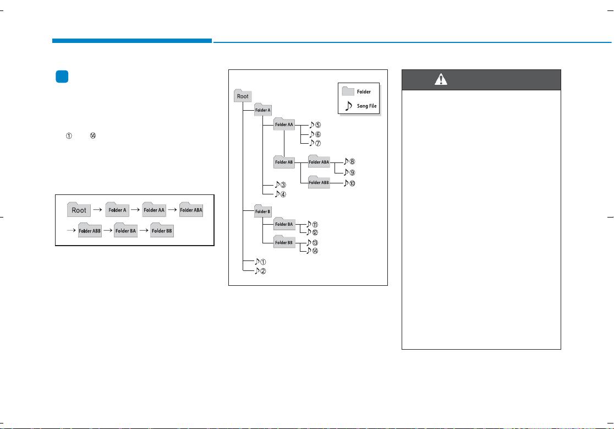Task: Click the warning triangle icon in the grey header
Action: [441, 79]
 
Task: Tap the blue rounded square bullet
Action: [62, 77]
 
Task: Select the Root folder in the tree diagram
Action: [243, 96]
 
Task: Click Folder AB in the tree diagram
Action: [284, 161]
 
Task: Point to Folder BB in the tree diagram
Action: [284, 242]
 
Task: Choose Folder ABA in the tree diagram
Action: [319, 161]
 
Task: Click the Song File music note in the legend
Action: [348, 106]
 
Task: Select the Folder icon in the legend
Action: [348, 91]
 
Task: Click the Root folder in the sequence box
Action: [79, 210]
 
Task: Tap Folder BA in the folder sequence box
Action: [125, 230]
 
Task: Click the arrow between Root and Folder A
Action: [98, 210]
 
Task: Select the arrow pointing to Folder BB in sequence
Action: [144, 230]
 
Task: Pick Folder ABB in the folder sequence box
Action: [90, 230]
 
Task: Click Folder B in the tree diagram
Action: [263, 211]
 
